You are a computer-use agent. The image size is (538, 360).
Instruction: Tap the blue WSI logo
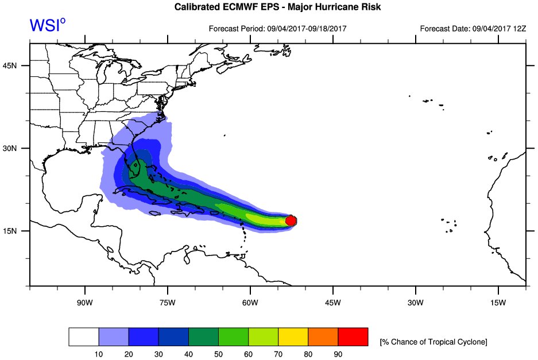pos(47,25)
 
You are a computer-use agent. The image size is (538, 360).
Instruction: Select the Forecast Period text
pos(277,28)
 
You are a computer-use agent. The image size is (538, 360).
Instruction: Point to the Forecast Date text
pos(473,28)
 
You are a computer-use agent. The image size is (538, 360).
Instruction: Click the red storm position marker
pos(291,220)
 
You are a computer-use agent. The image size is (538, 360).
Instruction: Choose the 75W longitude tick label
pos(167,303)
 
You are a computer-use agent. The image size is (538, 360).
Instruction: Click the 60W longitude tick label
pos(250,303)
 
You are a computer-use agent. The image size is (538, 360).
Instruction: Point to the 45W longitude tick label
pos(332,303)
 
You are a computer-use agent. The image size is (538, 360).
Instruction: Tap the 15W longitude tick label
pos(498,303)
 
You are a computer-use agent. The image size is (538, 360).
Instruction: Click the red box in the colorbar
pos(353,337)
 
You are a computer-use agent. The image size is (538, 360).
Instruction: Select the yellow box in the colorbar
pos(293,337)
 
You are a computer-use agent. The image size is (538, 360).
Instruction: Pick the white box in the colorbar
pos(84,337)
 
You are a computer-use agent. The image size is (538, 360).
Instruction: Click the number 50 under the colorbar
pos(218,353)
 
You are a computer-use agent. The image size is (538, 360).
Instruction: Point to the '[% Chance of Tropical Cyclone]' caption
pos(433,342)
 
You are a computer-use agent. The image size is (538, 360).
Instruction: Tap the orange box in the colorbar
pos(323,337)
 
